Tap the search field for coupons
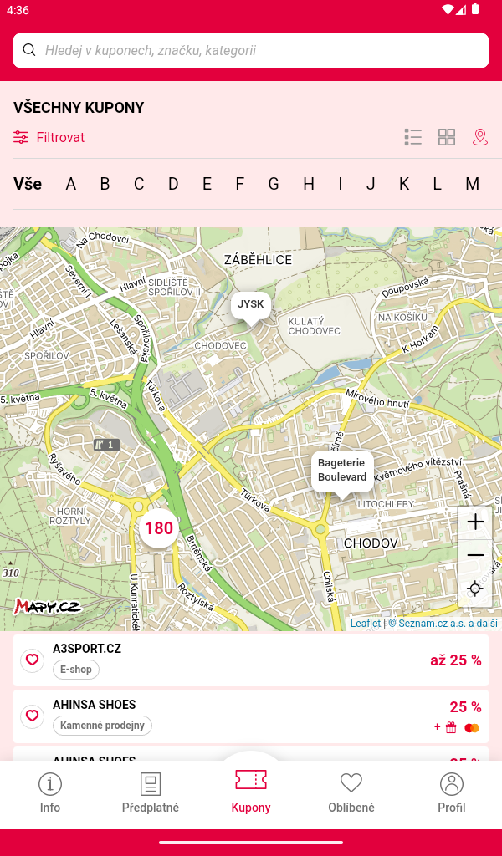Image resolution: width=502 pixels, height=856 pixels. [x=251, y=50]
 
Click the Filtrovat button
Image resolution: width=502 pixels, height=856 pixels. [x=49, y=137]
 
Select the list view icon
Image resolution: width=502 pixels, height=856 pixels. [x=412, y=137]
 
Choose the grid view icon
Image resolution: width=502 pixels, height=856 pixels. [x=447, y=137]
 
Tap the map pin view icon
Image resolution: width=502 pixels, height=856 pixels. [x=480, y=137]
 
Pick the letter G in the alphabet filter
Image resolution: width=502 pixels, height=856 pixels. [x=274, y=184]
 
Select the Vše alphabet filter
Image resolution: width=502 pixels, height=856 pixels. [x=28, y=184]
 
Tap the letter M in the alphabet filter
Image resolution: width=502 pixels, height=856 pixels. [x=472, y=184]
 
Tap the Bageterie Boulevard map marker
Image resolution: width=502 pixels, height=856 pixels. [x=342, y=471]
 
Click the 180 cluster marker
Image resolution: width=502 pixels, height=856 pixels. [x=159, y=528]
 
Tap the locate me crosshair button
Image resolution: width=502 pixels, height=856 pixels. [x=475, y=588]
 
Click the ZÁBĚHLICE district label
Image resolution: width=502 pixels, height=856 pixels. [x=258, y=260]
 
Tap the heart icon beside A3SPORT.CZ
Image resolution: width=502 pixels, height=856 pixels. [x=32, y=660]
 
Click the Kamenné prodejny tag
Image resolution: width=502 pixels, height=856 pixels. [x=102, y=726]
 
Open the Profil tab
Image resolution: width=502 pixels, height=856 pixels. [x=451, y=792]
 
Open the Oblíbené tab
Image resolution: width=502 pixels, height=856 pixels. [x=351, y=792]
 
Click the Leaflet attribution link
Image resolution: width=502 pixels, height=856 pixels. [x=365, y=623]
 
